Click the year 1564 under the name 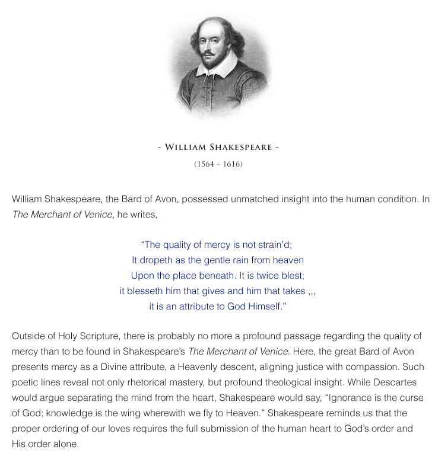click(x=205, y=164)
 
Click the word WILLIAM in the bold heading click(x=188, y=147)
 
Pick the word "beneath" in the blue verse click(x=218, y=275)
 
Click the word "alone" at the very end click(x=65, y=443)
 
